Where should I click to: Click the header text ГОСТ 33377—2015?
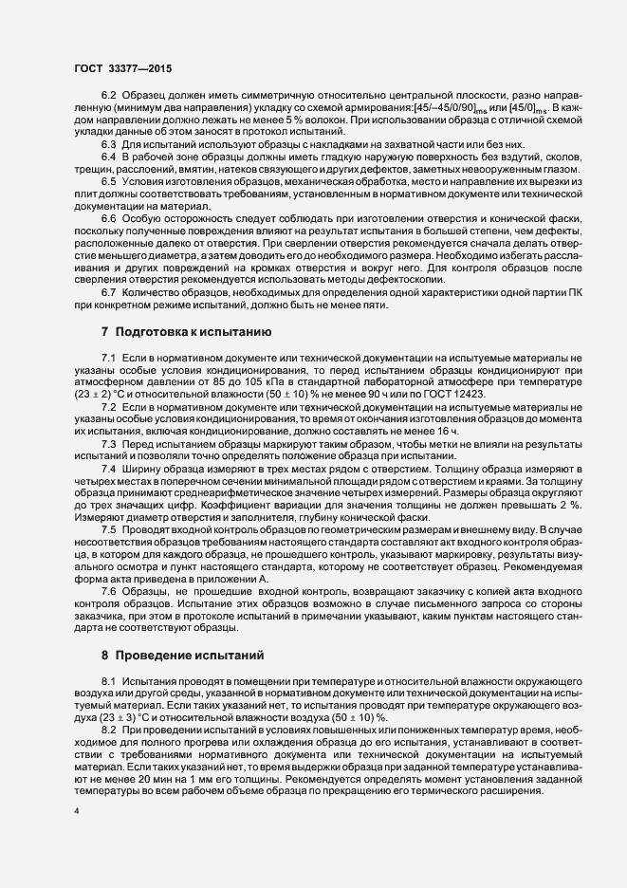point(124,70)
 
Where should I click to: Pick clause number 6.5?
point(108,179)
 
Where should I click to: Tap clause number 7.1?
point(108,356)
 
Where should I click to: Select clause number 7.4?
point(108,443)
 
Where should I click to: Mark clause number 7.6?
point(108,593)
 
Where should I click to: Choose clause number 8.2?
point(108,728)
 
